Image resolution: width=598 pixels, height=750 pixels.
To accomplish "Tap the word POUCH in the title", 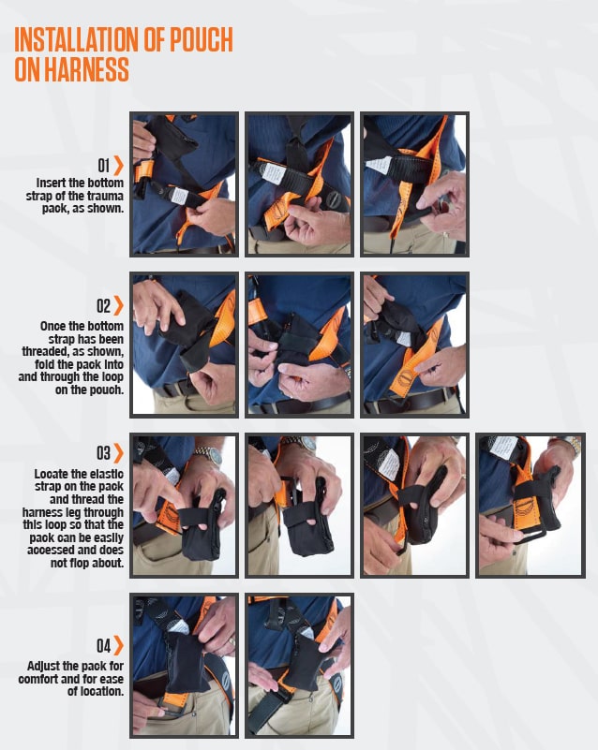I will click(x=199, y=41).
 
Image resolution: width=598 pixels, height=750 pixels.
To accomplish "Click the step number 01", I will click(x=103, y=166).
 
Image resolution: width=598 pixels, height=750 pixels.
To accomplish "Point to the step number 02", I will click(x=103, y=305).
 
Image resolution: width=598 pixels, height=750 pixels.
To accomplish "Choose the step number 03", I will click(x=103, y=453).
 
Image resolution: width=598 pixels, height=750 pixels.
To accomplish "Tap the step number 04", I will click(x=103, y=645).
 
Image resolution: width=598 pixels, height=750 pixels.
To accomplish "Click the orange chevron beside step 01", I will click(x=119, y=166).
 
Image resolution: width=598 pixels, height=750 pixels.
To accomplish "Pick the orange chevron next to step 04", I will click(x=119, y=645).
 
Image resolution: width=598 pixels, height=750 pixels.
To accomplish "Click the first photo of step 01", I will click(x=184, y=184).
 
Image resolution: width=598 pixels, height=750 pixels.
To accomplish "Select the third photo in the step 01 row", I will click(x=414, y=184).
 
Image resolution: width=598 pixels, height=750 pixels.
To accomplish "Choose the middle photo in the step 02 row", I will click(x=299, y=345).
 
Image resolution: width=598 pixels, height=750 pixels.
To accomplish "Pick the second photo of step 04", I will click(x=299, y=666).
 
